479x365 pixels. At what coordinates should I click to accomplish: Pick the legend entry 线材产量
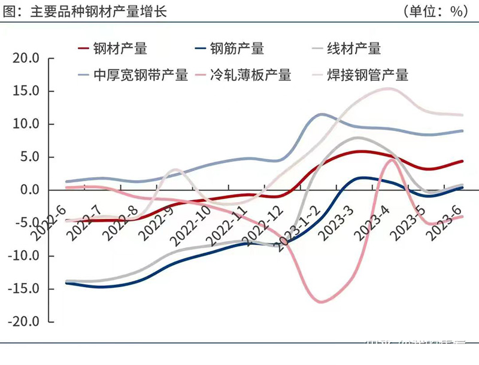[x=354, y=48]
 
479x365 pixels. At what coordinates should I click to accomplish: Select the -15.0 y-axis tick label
[x=24, y=289]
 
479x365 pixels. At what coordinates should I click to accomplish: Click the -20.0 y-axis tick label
[x=24, y=322]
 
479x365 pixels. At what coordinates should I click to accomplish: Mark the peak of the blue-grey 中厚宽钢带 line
[x=322, y=114]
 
